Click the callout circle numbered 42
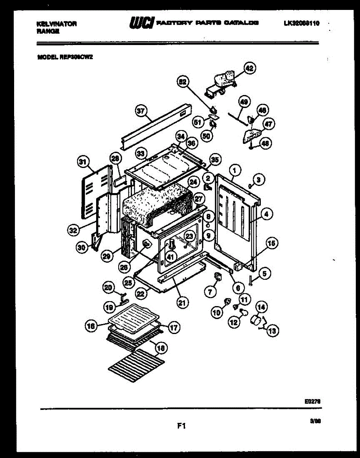pos(249,68)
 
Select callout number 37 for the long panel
pos(141,111)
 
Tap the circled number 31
pos(82,162)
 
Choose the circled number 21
pos(183,303)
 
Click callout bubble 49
pos(244,102)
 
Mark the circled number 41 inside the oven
pos(170,257)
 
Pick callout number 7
pos(209,293)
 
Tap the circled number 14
pos(262,306)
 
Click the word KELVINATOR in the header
pos(57,24)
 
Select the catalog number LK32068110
pos(301,24)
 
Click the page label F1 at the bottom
pos(181,426)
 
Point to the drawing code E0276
pos(312,401)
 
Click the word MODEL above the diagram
pos(47,58)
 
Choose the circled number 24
pos(193,182)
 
